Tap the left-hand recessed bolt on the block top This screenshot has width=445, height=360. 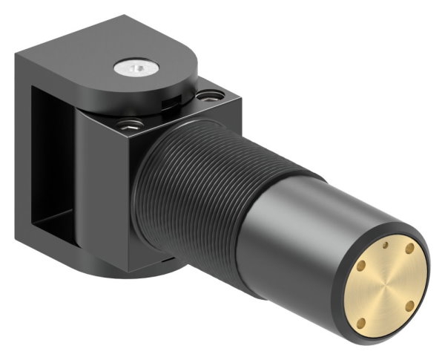click(x=131, y=122)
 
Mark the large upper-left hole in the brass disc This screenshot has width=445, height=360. click(x=361, y=265)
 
